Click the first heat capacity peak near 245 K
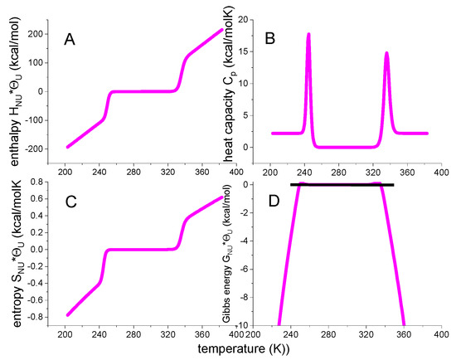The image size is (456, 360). point(308,35)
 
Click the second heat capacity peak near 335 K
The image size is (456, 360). point(386,54)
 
